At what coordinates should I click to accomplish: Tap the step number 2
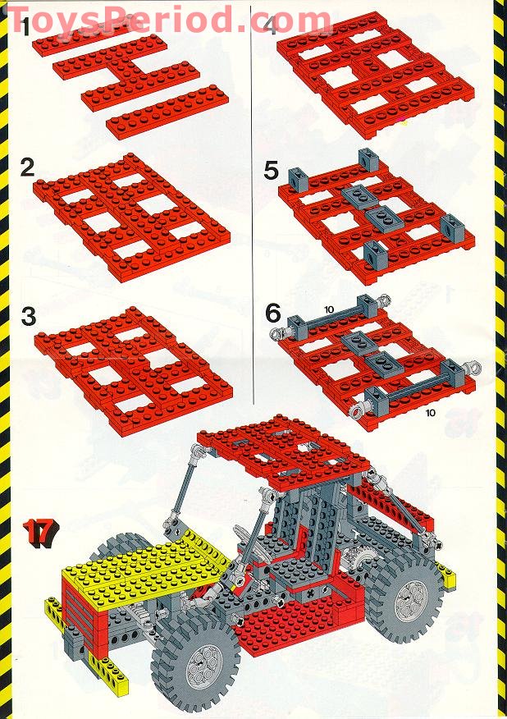[x=27, y=168]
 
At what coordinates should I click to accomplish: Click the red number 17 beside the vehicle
[x=37, y=532]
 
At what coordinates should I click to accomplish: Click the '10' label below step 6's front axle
[x=430, y=413]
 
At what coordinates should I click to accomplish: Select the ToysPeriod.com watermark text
[x=168, y=18]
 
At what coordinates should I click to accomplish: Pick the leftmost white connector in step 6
[x=277, y=333]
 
